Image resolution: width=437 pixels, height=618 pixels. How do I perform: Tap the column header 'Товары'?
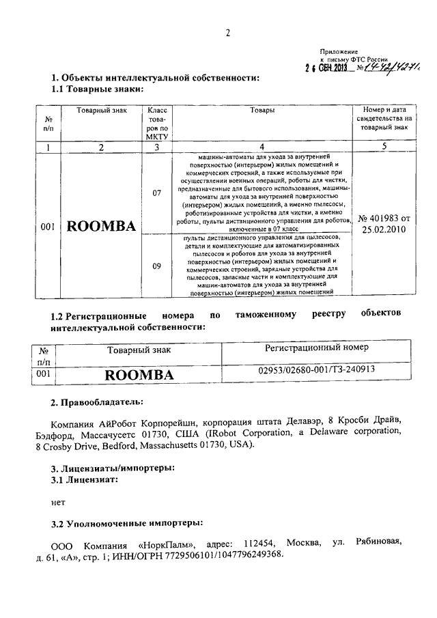point(263,111)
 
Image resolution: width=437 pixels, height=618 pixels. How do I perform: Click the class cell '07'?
point(157,193)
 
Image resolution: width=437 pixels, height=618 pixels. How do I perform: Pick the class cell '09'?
point(157,267)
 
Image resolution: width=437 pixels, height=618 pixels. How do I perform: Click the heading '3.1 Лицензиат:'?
point(86,480)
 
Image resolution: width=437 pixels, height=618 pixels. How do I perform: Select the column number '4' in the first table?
point(263,146)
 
